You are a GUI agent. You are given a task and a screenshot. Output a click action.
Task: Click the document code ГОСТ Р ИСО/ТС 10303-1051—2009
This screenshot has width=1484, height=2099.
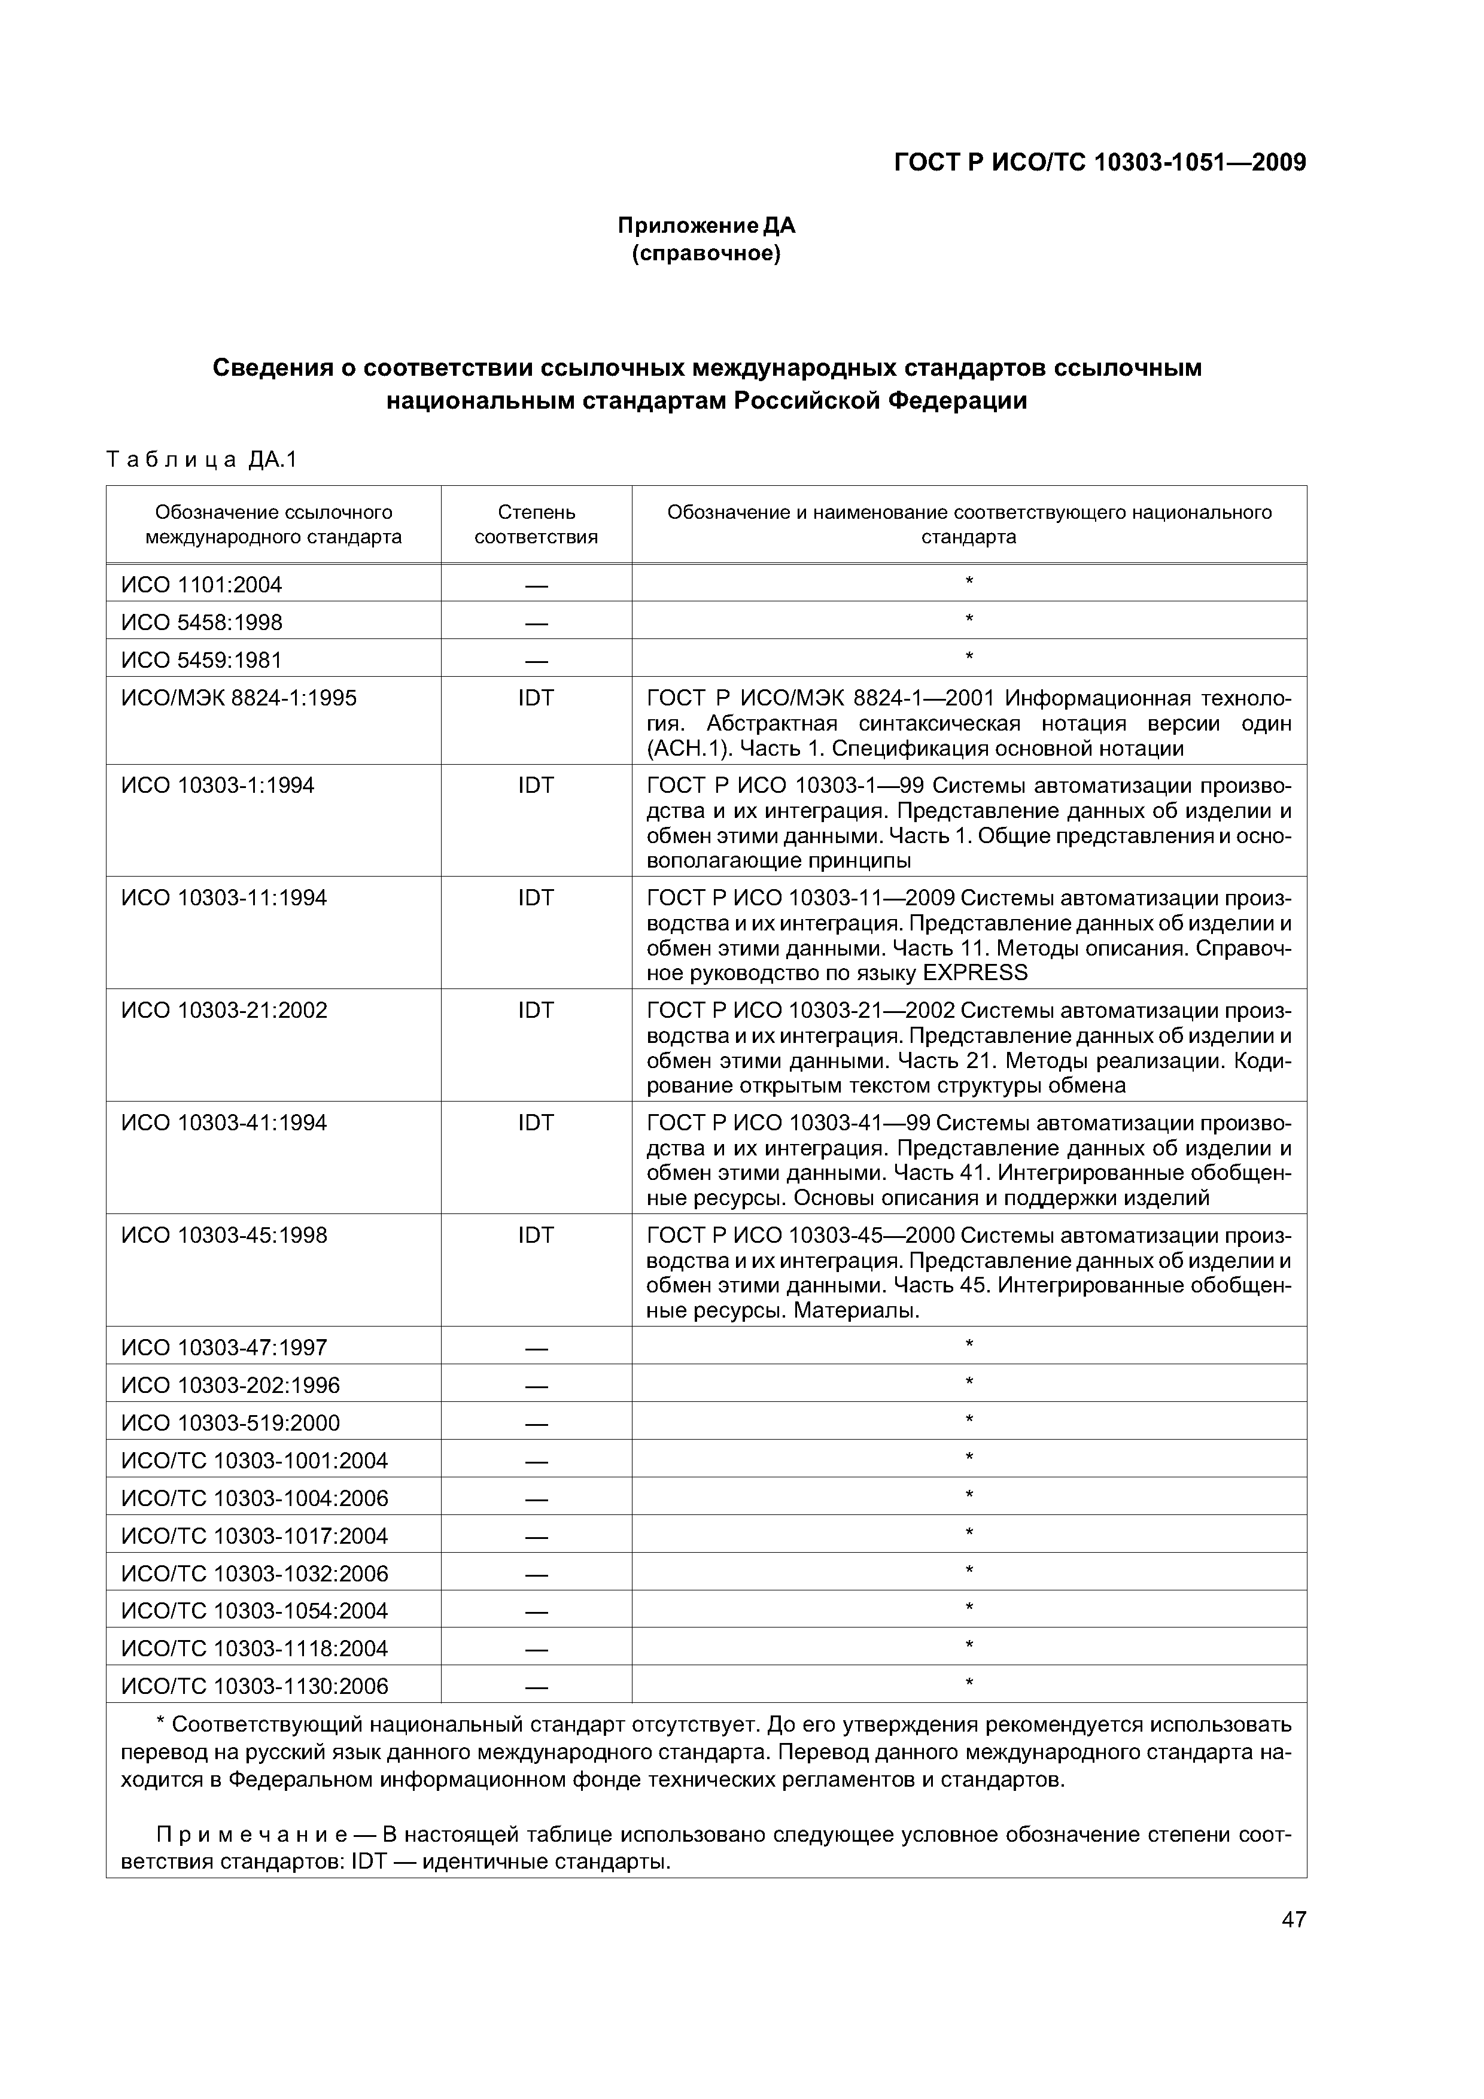point(1099,163)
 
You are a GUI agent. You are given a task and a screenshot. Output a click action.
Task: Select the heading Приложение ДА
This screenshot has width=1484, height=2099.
point(706,225)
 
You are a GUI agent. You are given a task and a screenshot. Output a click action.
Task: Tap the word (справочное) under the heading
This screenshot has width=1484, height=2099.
point(706,253)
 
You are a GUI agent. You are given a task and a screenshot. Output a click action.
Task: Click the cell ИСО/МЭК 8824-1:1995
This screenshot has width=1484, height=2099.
point(239,698)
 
